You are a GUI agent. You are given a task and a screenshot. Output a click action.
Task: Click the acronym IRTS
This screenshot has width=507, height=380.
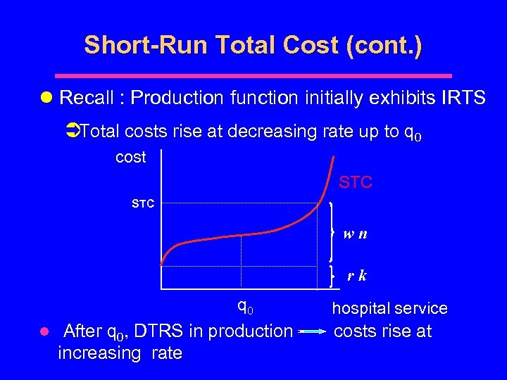click(x=461, y=98)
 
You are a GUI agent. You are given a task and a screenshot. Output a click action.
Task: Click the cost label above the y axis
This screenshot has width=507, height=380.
click(x=131, y=157)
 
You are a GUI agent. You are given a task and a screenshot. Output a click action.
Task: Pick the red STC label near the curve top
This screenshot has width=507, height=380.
click(x=356, y=183)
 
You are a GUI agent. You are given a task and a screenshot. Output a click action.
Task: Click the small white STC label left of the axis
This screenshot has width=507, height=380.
click(x=143, y=204)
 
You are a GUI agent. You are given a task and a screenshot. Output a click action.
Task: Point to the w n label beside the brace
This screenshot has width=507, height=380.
click(x=355, y=234)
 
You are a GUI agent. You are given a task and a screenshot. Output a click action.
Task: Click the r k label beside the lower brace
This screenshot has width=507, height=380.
click(x=356, y=276)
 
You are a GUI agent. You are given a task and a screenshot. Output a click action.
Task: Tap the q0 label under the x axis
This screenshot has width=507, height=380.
click(x=245, y=307)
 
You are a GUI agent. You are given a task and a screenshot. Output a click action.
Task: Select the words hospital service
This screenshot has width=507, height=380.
click(x=389, y=308)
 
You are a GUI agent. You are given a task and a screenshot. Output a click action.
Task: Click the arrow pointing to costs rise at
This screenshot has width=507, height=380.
click(x=312, y=331)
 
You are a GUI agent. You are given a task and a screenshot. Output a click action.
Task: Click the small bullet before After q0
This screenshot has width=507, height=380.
click(x=44, y=331)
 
